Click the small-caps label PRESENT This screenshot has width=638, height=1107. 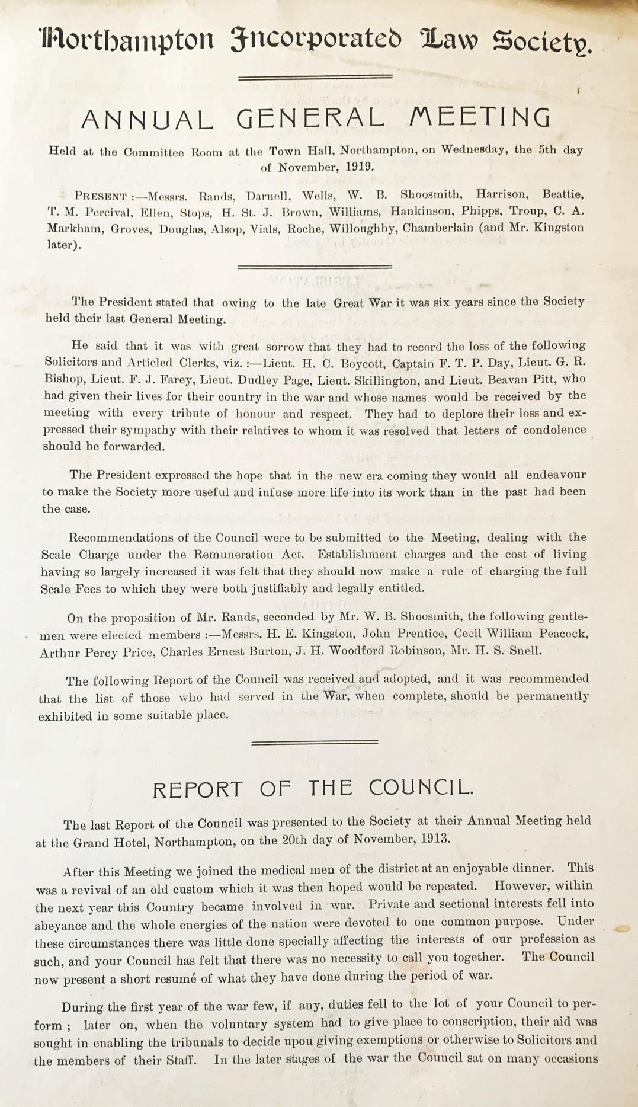[100, 196]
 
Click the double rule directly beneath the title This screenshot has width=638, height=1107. [315, 77]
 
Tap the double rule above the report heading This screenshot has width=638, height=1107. [315, 741]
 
